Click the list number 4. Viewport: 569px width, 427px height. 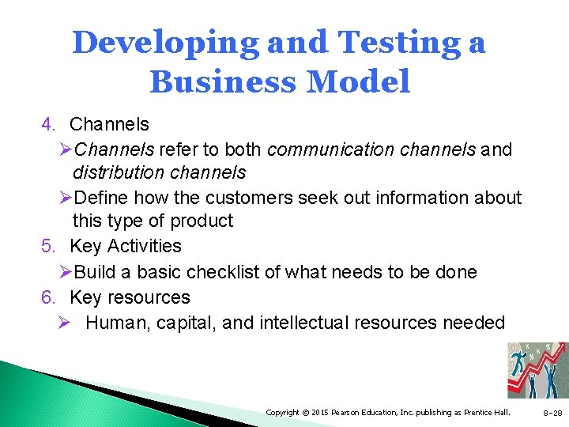click(48, 124)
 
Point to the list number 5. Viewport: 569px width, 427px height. click(48, 247)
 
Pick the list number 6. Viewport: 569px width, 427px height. click(48, 297)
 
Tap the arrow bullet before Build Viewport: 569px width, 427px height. click(66, 272)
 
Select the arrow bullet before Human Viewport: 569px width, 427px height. click(66, 323)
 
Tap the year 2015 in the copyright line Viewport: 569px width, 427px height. click(319, 413)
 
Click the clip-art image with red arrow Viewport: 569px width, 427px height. click(537, 370)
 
